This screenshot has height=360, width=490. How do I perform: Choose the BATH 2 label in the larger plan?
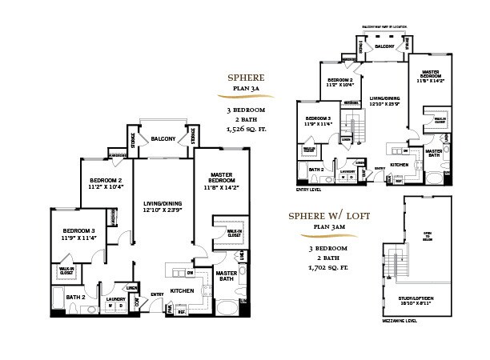pos(75,297)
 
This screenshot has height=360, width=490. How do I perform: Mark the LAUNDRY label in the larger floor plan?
pos(116,298)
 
